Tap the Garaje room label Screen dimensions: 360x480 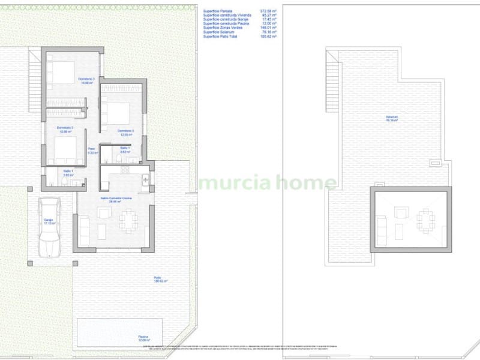coord(49,221)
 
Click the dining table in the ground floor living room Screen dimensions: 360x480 coord(128,221)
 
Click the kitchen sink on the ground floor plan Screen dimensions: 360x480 coord(145,179)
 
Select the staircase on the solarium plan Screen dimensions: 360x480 coord(332,81)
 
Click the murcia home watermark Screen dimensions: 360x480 coord(268,182)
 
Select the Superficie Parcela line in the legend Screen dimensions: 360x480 coord(240,11)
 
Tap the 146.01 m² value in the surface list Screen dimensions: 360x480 coord(268,28)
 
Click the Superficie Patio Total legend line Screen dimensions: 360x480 coord(240,36)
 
